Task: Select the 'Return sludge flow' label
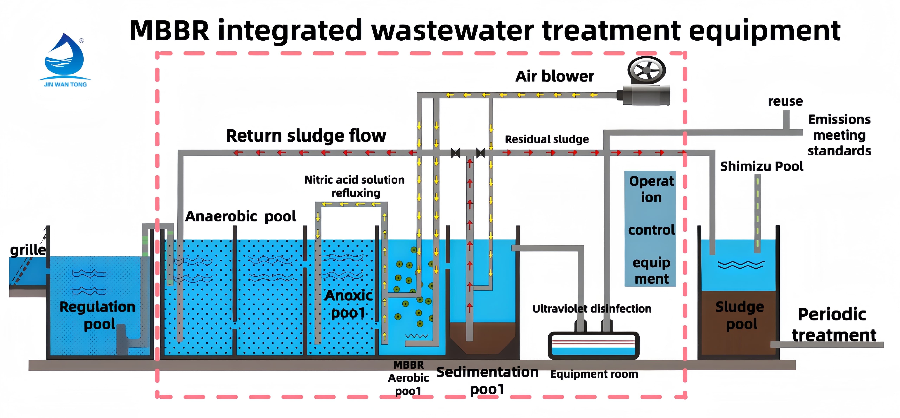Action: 306,136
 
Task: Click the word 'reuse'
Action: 785,101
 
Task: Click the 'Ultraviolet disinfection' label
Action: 592,309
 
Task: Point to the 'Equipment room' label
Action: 594,374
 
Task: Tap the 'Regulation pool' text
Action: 98,315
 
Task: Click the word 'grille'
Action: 28,250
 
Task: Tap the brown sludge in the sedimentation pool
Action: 482,337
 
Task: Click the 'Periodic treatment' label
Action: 833,325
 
